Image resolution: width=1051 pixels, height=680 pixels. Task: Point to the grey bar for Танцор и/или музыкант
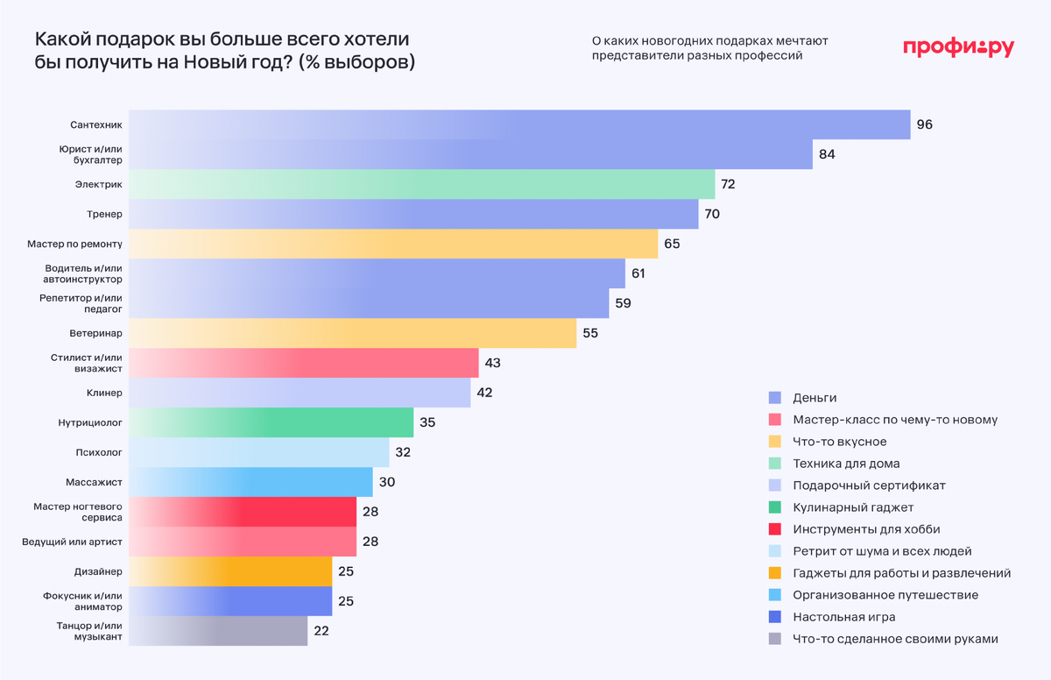coord(218,631)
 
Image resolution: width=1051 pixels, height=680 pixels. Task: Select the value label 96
coord(924,124)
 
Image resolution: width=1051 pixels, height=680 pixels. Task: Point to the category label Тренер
coord(106,214)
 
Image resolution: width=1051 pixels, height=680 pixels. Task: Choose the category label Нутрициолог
coord(90,422)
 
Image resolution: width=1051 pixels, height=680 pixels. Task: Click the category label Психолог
coord(99,452)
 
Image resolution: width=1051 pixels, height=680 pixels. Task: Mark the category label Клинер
coord(105,393)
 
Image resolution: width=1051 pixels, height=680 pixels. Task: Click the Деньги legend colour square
coord(774,398)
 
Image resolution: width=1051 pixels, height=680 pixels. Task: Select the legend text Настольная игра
coord(843,617)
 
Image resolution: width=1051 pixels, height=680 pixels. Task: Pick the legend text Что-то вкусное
coord(839,442)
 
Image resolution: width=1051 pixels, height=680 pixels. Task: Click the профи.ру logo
coord(957,48)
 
